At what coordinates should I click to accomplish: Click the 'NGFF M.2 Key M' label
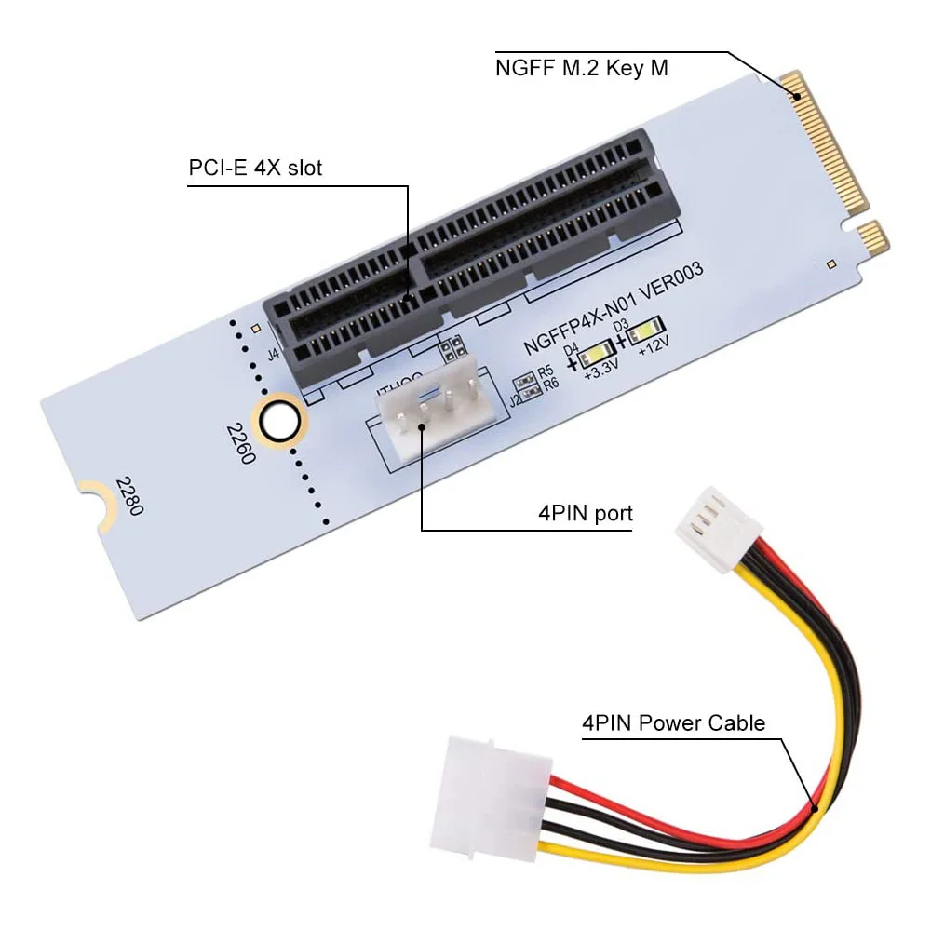click(x=581, y=68)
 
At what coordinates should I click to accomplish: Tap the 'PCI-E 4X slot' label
click(x=255, y=169)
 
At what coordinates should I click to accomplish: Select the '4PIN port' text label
click(x=586, y=513)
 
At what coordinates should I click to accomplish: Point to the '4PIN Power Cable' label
click(x=673, y=722)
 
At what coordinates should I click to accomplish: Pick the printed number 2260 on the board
click(x=237, y=445)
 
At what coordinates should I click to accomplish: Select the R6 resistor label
click(x=551, y=383)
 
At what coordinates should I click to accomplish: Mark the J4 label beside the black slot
click(x=273, y=354)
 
